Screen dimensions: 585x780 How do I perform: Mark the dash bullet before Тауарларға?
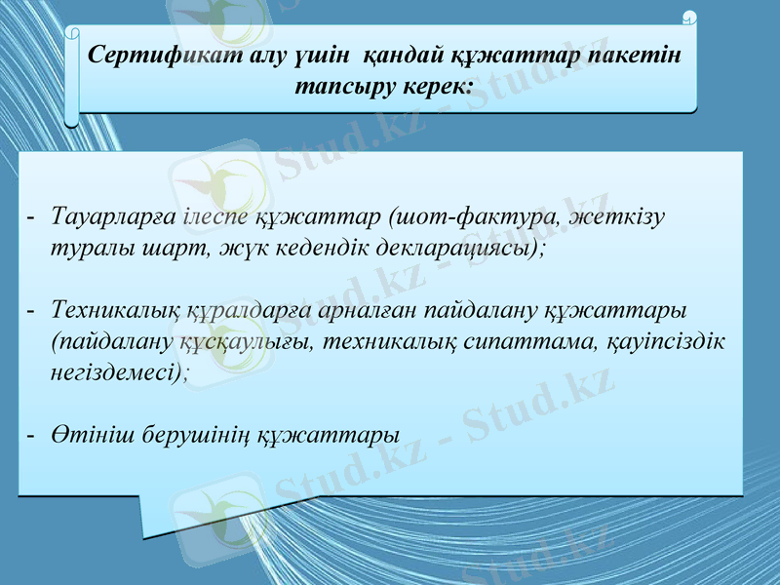(x=31, y=214)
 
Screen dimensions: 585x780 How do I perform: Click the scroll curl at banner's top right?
(x=690, y=17)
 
